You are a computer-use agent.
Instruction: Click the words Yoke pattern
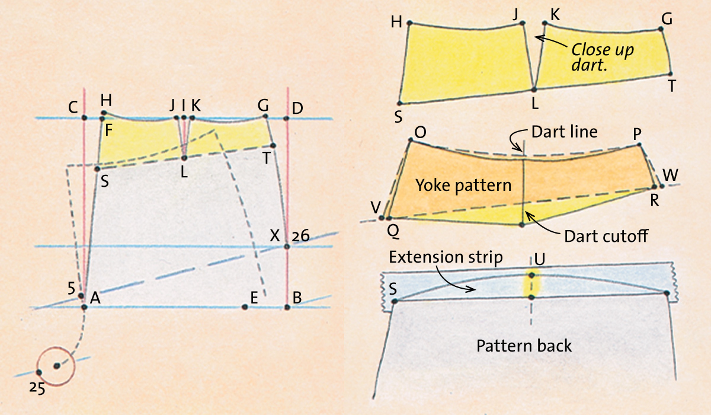click(463, 186)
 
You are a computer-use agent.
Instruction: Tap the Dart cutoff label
click(606, 236)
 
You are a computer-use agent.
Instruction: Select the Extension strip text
click(446, 257)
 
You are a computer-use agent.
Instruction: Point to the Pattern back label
click(524, 346)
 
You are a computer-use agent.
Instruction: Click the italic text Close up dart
click(603, 57)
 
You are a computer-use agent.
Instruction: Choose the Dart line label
click(564, 132)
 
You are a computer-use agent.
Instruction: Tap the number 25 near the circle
click(37, 388)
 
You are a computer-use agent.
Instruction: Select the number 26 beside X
click(300, 236)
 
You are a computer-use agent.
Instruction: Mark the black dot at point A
click(84, 307)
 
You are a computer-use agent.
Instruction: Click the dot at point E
click(244, 307)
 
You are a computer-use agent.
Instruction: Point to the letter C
click(73, 108)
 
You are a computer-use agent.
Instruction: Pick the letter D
click(297, 108)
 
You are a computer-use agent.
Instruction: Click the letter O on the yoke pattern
click(420, 132)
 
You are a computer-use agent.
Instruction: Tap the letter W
click(670, 175)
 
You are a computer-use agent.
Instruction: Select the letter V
click(376, 208)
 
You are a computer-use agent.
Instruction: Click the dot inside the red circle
click(57, 366)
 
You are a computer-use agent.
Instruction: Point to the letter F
click(109, 130)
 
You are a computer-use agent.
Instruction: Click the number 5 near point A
click(72, 289)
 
